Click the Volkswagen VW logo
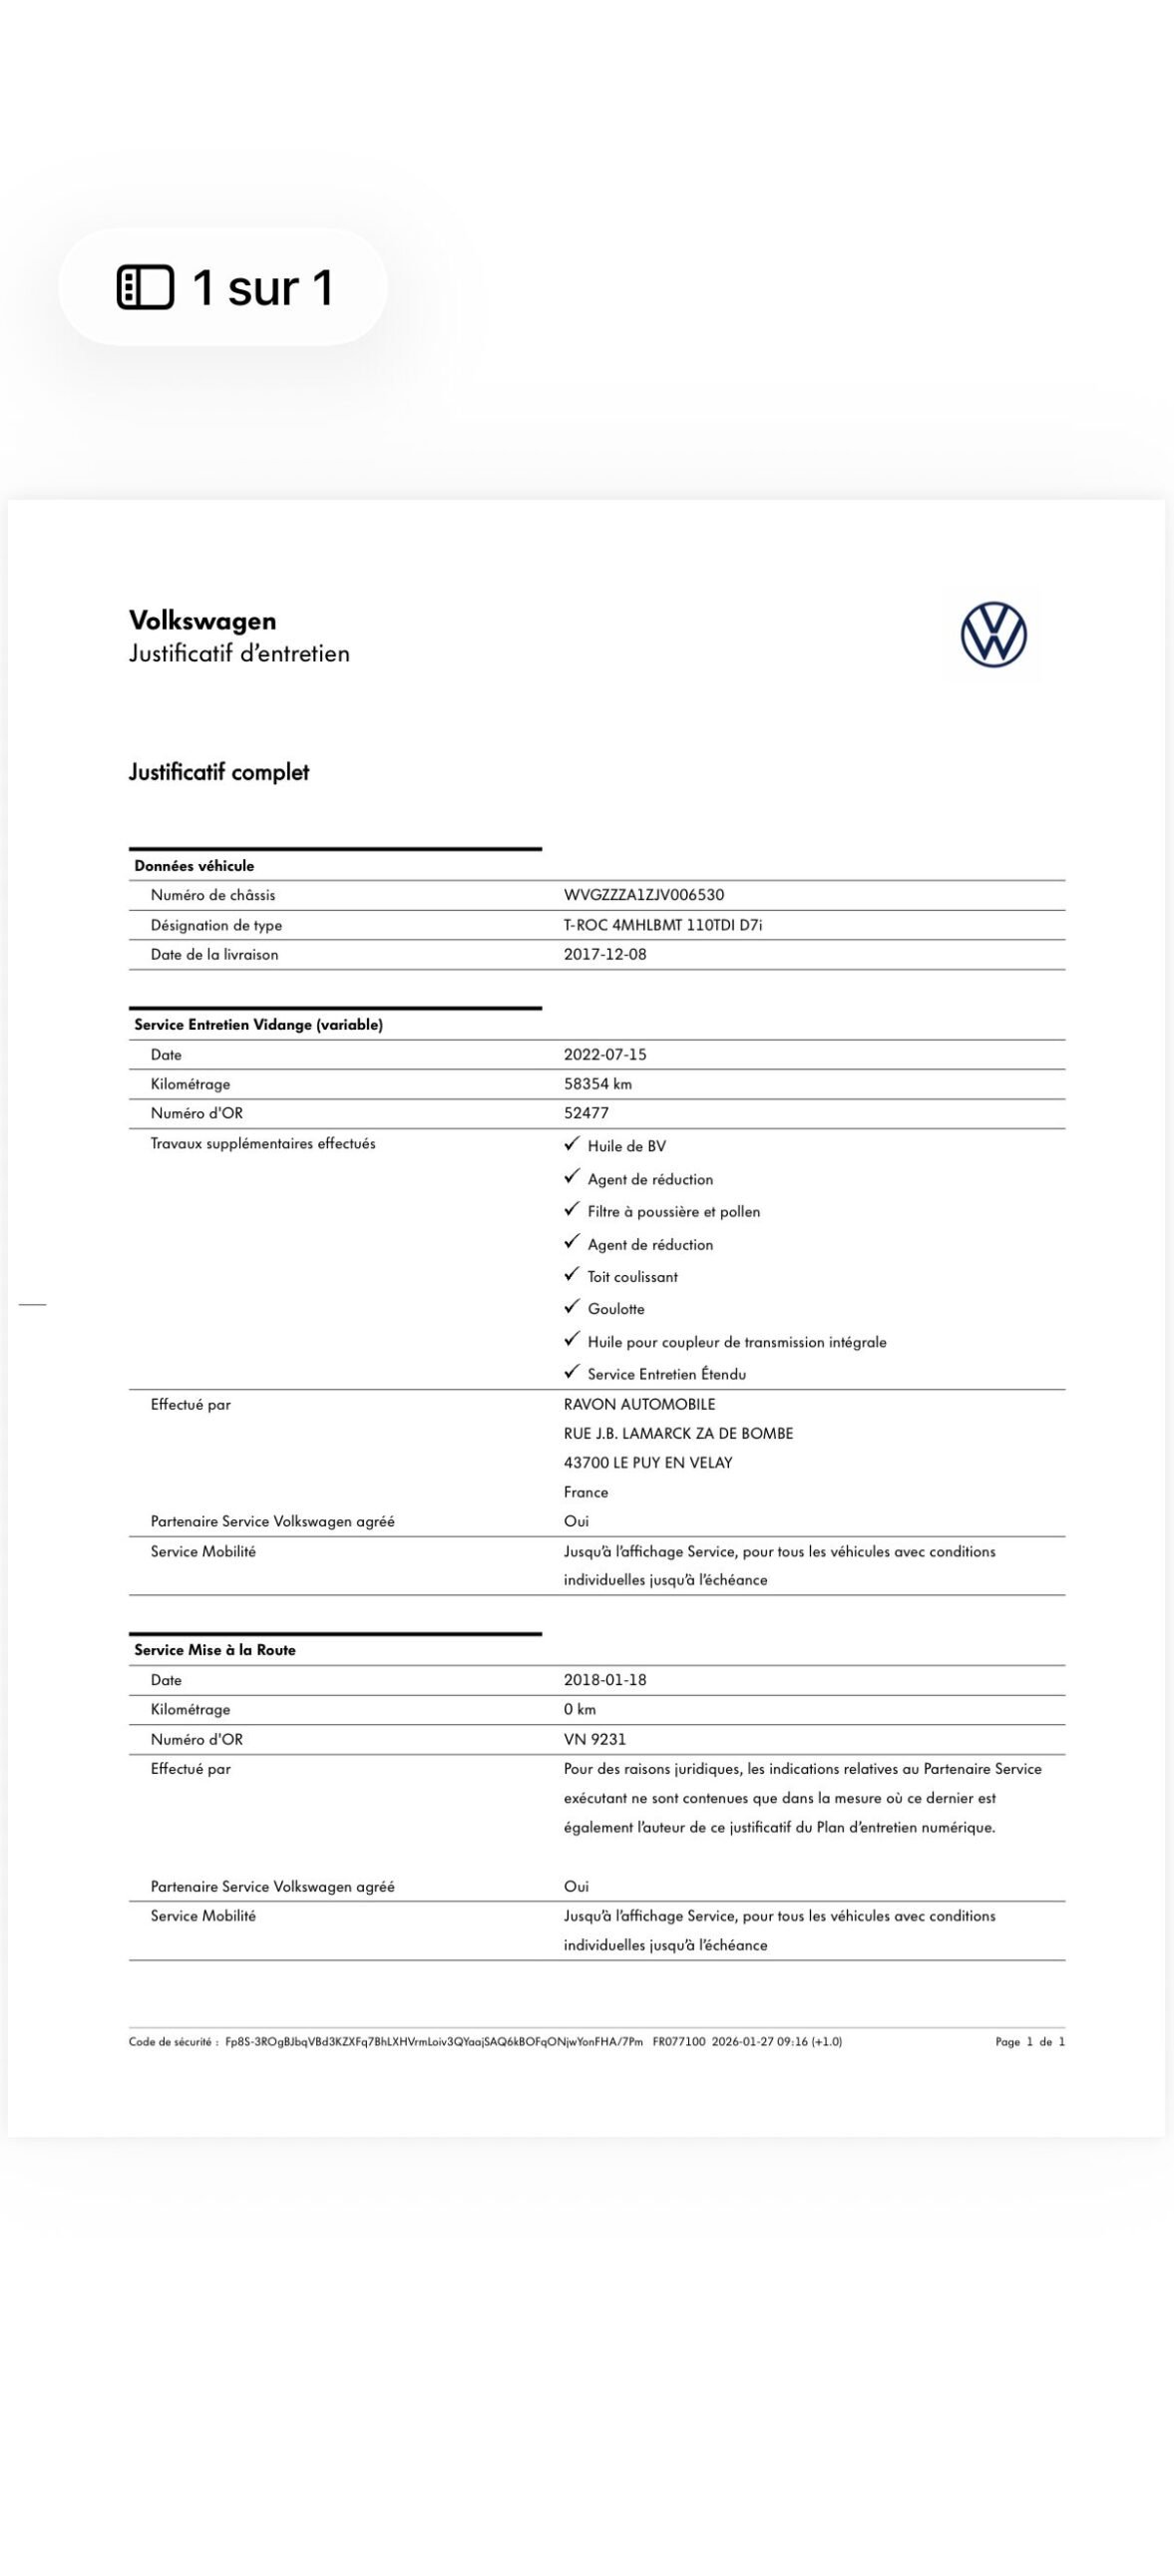click(x=993, y=635)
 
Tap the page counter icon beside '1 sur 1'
click(x=146, y=287)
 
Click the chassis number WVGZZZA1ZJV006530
click(x=643, y=895)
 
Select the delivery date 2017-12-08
click(x=604, y=954)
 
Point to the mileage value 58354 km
click(x=597, y=1083)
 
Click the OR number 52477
click(x=586, y=1112)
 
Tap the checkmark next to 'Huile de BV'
click(x=572, y=1144)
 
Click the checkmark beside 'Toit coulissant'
click(x=572, y=1274)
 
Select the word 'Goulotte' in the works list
click(x=615, y=1309)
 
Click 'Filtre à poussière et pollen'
click(x=673, y=1211)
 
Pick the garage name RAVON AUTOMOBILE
click(x=639, y=1404)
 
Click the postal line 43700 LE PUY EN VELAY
click(x=647, y=1463)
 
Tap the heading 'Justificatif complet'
click(x=218, y=772)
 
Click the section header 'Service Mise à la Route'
click(x=214, y=1650)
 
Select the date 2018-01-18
click(x=604, y=1679)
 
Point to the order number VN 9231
click(x=594, y=1739)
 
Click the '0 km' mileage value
click(x=580, y=1709)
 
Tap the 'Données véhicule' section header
click(x=195, y=866)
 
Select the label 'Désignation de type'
click(x=216, y=925)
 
